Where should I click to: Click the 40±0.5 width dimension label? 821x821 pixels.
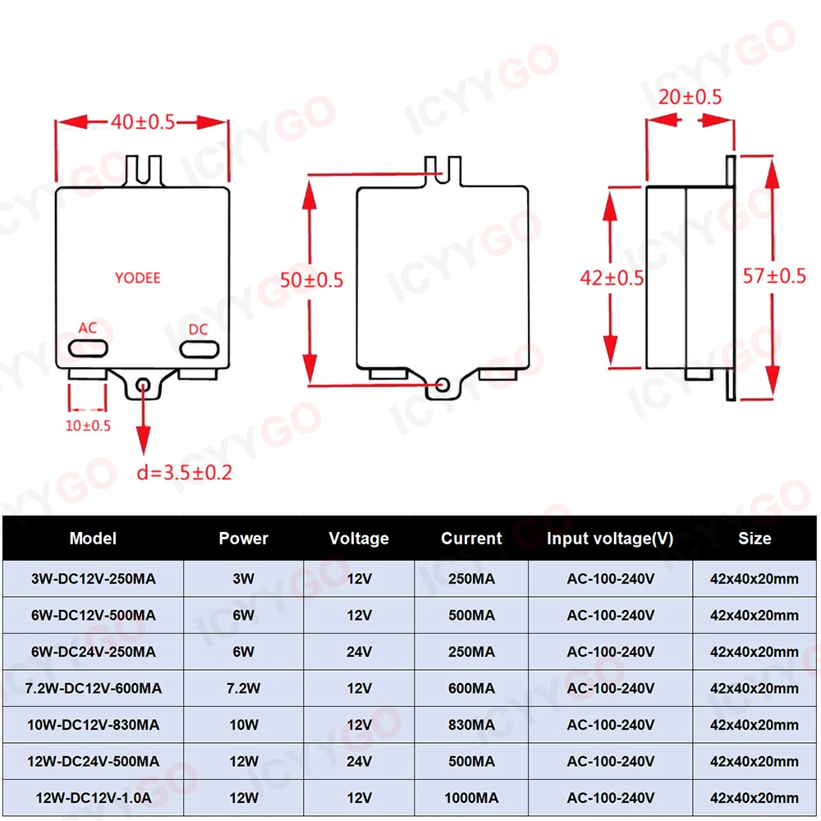pos(143,122)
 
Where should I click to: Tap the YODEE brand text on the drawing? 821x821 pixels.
pos(137,278)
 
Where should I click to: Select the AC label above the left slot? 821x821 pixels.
pos(88,328)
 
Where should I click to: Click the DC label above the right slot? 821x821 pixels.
pos(198,329)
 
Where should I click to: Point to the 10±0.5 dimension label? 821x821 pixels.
pos(88,426)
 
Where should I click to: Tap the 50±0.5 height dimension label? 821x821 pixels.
pos(311,279)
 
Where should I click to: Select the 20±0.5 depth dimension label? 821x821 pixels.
pos(690,97)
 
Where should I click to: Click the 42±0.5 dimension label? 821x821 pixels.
pos(612,277)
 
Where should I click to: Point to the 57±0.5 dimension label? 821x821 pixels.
pos(774,276)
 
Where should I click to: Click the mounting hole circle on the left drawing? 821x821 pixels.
pos(144,383)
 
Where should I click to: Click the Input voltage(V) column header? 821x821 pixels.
pos(610,539)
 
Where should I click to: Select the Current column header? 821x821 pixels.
pos(471,539)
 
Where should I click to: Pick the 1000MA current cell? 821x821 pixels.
pos(471,797)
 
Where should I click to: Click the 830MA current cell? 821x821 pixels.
pos(471,725)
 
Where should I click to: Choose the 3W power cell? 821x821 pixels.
pos(243,579)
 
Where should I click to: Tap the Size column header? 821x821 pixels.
pos(754,539)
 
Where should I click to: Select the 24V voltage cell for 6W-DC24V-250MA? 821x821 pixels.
pos(359,652)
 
